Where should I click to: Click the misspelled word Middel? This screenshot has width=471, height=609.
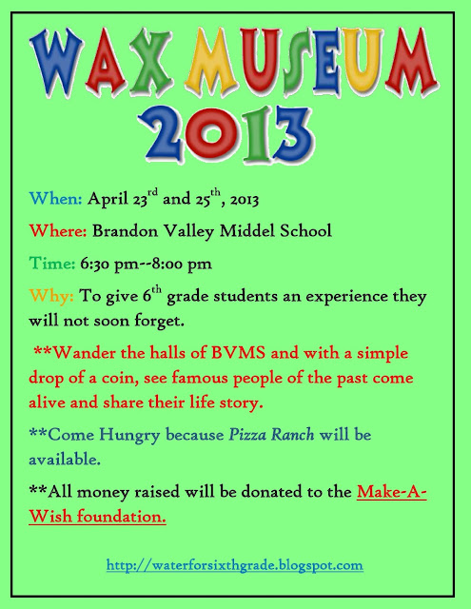pyautogui.click(x=266, y=231)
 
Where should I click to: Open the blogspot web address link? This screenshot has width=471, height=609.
pyautogui.click(x=235, y=565)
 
